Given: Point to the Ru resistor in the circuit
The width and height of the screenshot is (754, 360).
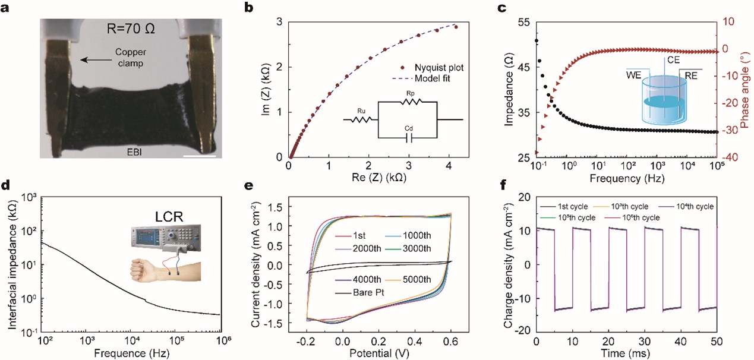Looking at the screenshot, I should [362, 119].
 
